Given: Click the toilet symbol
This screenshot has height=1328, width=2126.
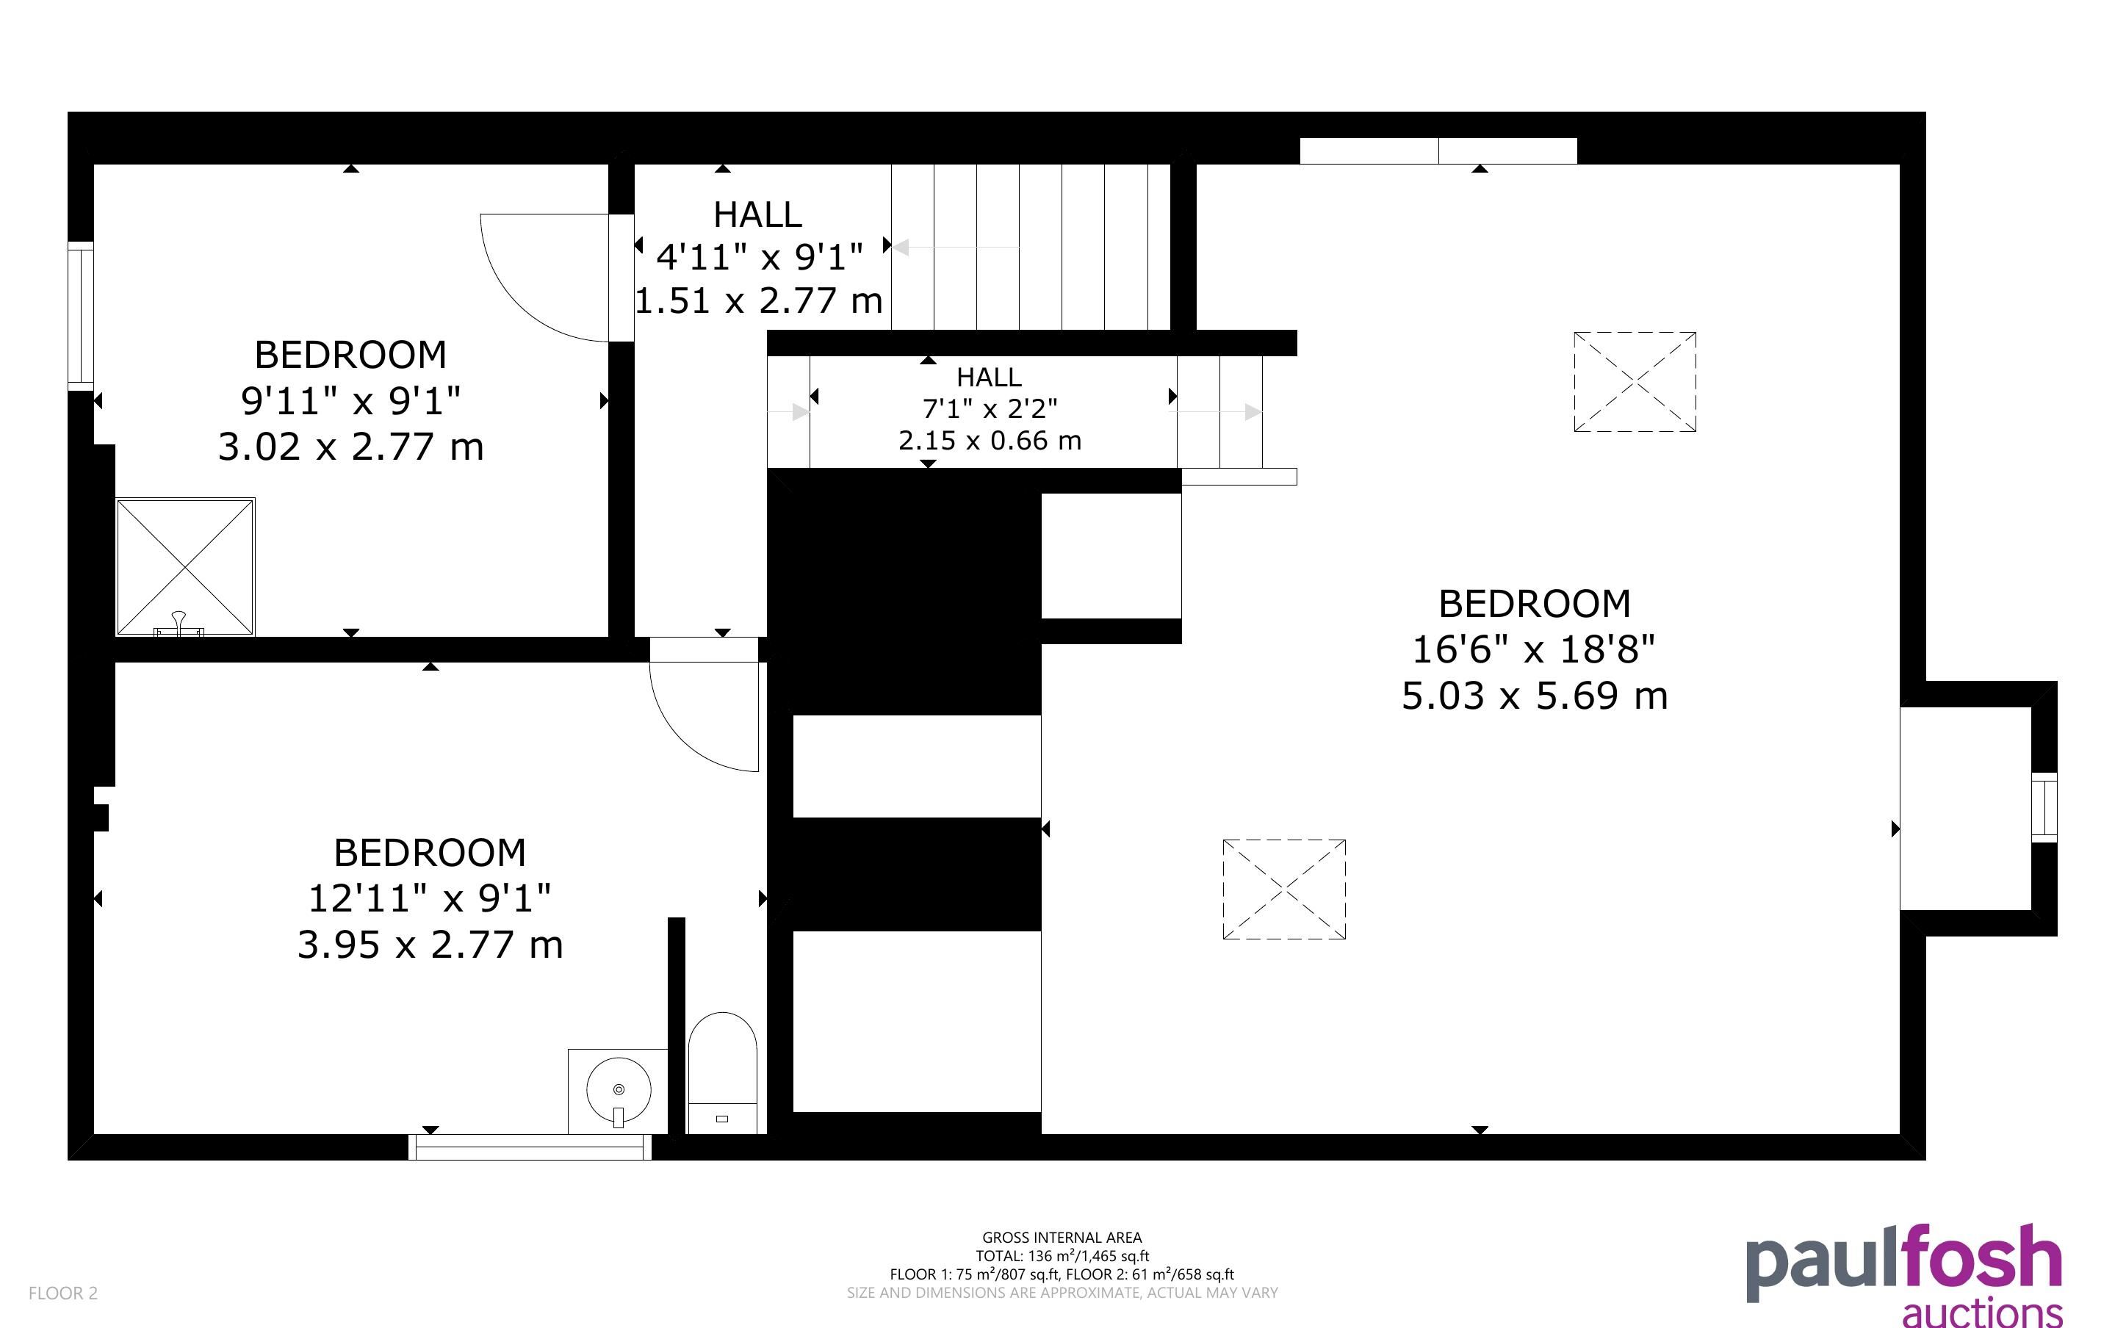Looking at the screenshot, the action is click(x=722, y=1072).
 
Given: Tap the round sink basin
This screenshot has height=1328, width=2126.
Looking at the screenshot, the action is click(x=619, y=1090).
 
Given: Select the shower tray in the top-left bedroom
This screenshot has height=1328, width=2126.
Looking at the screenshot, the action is click(x=185, y=566).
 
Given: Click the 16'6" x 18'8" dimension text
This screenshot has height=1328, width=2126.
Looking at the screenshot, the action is click(x=1533, y=650).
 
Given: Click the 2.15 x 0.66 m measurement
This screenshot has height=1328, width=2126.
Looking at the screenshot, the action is click(x=990, y=440).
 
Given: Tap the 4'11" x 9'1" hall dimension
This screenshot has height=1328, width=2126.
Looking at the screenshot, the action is click(x=760, y=257).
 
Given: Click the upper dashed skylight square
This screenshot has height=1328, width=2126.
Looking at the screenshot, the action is click(x=1635, y=382).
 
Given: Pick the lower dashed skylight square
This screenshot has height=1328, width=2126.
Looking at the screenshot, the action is click(x=1284, y=889).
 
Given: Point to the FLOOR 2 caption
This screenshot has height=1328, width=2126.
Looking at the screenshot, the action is click(x=63, y=1293).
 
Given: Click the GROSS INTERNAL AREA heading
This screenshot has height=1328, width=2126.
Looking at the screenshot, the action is click(x=1062, y=1238).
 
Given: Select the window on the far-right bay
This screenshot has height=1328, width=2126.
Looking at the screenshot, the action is click(x=2044, y=807).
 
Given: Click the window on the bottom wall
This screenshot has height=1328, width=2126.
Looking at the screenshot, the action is click(x=530, y=1147).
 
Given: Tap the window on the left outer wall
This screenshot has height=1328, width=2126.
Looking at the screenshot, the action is click(x=81, y=316).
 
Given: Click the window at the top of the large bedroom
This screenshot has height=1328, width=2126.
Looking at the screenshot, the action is click(x=1438, y=151).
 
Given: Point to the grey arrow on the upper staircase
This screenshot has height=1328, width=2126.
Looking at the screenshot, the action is click(x=956, y=248).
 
